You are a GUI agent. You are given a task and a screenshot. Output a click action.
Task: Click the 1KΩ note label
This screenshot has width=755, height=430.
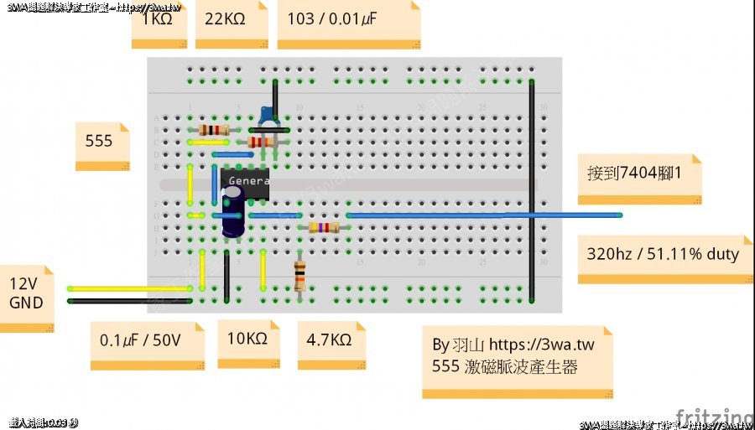coord(157,18)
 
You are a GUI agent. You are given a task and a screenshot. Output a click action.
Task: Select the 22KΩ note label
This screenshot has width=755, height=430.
coord(221,18)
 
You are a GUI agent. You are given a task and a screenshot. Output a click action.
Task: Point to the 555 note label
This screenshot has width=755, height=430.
coord(99,141)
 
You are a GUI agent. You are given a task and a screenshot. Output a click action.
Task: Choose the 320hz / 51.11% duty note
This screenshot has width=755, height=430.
coord(663,253)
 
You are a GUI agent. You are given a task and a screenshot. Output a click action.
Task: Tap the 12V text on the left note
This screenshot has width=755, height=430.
coord(23,283)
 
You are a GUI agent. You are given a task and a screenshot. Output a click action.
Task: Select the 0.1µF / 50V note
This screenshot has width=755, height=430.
coord(140,340)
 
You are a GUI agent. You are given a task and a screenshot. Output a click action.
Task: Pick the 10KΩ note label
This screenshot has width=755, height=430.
coord(247,339)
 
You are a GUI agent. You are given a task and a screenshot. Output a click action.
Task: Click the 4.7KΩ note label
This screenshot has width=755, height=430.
coord(329,340)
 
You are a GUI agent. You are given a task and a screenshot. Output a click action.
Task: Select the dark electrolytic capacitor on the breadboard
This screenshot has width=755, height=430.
coord(232,210)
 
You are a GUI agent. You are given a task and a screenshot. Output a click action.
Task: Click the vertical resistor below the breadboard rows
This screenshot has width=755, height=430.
coord(300,275)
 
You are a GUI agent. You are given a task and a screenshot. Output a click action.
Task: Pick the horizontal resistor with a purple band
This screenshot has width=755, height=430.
coord(323,227)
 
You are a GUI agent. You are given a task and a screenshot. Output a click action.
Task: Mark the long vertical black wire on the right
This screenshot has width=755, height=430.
coord(531,184)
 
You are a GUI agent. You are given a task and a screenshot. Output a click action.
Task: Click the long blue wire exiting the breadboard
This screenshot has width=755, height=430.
coord(482,215)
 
